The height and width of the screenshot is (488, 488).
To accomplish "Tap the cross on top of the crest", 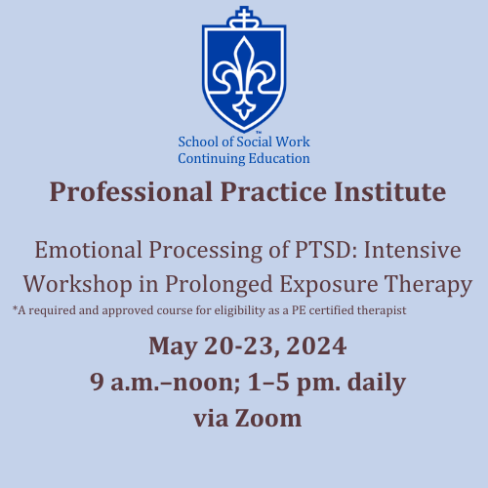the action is pos(244,15).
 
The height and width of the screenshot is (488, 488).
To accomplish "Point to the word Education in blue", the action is pos(279,158).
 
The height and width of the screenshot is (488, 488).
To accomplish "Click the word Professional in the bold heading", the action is pos(131,192).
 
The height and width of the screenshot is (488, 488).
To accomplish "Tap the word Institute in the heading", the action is pos(390,192).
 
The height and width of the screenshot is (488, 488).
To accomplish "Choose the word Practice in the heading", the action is pos(273,192).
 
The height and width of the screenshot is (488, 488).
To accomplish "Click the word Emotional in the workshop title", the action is pos(89,250).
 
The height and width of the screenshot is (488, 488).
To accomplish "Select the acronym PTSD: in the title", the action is pos(326,250).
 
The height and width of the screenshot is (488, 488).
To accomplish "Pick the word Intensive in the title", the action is pos(412,250).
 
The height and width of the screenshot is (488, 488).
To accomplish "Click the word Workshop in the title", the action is pos(78,284).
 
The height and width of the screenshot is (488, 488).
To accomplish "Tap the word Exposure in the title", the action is pos(329,285).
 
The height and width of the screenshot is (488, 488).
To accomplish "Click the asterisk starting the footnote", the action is pos(15,307).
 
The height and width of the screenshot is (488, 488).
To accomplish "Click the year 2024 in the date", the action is pos(316,346).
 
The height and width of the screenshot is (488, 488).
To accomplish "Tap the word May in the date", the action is pos(173,346).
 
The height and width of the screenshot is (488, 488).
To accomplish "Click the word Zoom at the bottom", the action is pos(268,419).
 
